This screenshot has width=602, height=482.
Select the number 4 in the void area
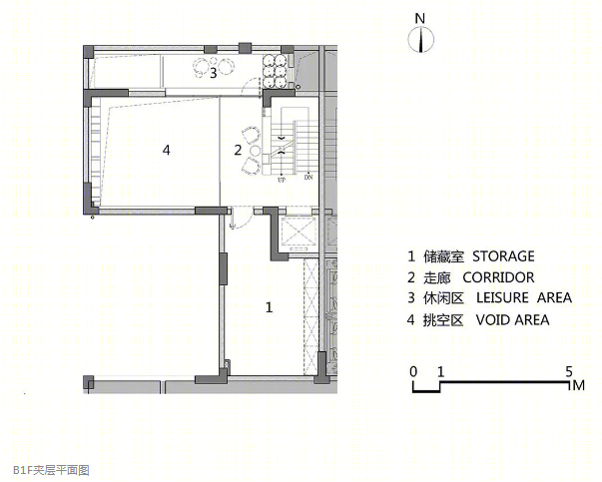click(167, 150)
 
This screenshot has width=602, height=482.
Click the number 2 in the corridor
click(238, 151)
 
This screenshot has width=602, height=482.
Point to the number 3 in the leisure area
click(213, 72)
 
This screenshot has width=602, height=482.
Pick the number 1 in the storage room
click(269, 307)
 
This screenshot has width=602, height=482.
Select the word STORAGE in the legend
click(503, 256)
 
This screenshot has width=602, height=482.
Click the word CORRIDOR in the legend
click(509, 277)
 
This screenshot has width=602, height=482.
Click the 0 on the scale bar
click(412, 371)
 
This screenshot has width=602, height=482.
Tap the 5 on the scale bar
click(568, 371)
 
